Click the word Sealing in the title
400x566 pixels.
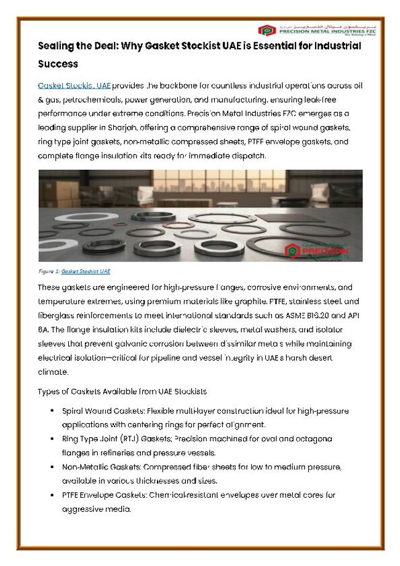tap(55, 46)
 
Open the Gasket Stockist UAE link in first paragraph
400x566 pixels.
tap(74, 86)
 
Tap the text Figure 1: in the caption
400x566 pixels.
tap(49, 271)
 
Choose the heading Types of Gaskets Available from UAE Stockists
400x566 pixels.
tap(122, 391)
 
